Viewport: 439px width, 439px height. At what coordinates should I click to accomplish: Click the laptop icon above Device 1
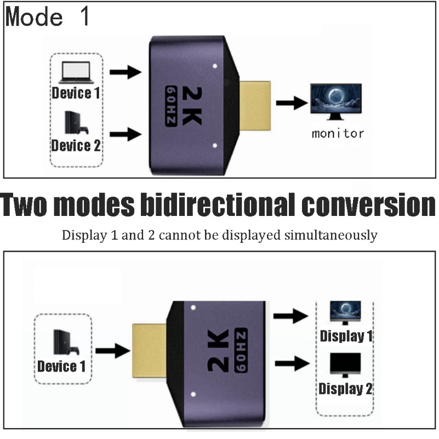click(x=75, y=71)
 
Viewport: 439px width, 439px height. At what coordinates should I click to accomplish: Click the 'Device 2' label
click(x=76, y=145)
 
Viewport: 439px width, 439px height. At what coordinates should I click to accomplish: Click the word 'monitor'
click(x=338, y=133)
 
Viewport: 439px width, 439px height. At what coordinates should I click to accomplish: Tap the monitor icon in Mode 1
click(x=336, y=101)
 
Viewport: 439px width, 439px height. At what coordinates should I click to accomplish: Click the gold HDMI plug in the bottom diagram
click(x=150, y=351)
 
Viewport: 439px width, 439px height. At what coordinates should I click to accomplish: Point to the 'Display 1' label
click(x=345, y=335)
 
